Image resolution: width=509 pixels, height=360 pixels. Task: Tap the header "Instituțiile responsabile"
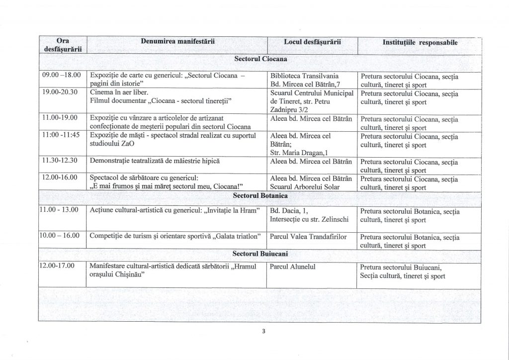420,43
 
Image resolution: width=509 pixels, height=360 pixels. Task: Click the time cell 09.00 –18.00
60,76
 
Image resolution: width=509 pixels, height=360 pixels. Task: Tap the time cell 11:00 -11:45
60,135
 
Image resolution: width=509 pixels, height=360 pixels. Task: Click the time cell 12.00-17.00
56,267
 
